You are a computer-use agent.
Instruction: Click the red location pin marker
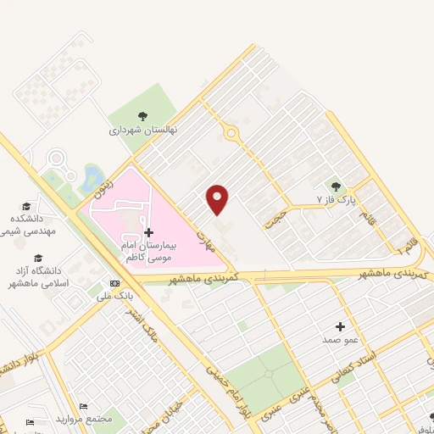click(x=219, y=198)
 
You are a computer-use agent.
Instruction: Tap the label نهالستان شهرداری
click(x=142, y=131)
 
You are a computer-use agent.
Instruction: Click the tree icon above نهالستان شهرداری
click(x=142, y=117)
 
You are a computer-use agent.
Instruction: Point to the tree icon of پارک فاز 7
click(x=337, y=186)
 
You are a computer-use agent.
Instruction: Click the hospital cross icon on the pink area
click(x=148, y=231)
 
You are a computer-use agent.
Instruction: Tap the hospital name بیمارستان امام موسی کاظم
click(x=147, y=250)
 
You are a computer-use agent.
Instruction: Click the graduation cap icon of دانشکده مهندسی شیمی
click(x=26, y=207)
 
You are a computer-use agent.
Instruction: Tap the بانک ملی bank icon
click(x=114, y=283)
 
